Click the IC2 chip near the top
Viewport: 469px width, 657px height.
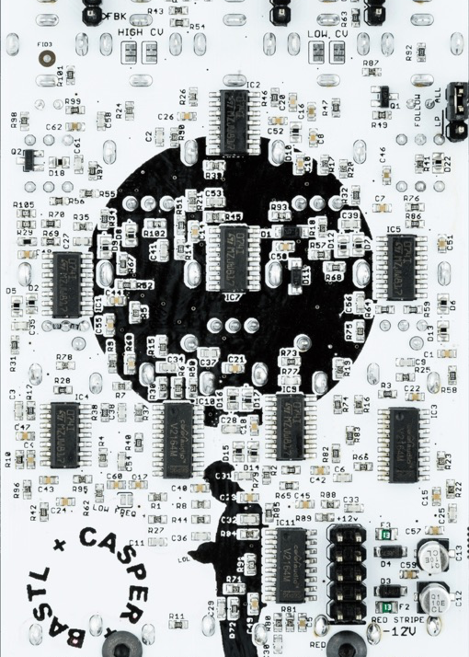pos(234,121)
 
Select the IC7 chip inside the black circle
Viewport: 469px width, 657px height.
pos(234,258)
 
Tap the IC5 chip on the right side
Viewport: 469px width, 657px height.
pos(402,267)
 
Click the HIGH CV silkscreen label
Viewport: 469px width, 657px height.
pos(140,32)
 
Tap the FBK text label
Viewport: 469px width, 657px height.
pos(116,16)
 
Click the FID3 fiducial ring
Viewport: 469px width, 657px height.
pos(47,58)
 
